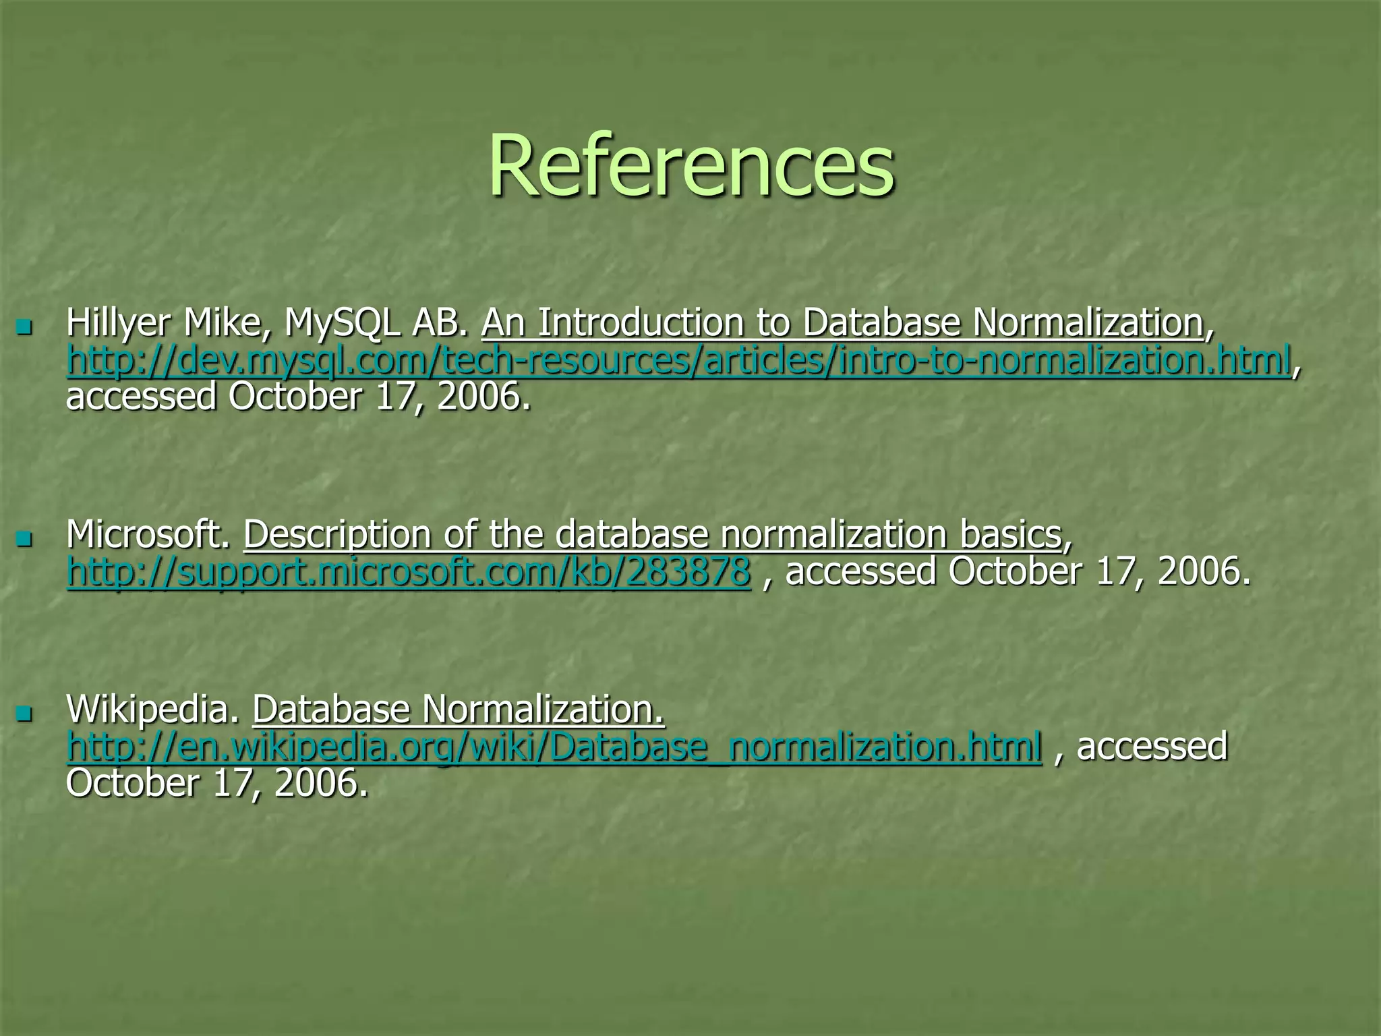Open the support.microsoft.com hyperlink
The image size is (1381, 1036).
409,573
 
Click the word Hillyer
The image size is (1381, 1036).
119,324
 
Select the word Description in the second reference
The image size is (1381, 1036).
337,536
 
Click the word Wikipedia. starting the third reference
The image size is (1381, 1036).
153,710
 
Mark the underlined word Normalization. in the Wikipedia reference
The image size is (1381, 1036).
543,710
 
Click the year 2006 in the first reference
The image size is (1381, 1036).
483,397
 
